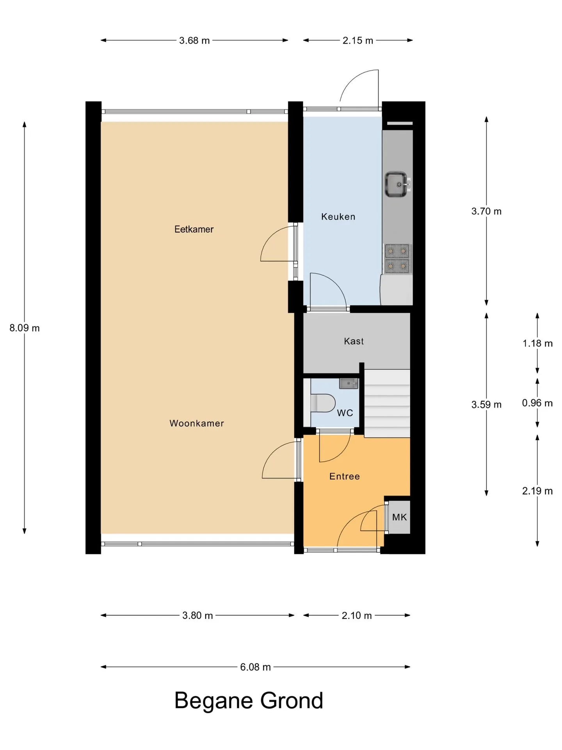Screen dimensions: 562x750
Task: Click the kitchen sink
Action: [x=397, y=184]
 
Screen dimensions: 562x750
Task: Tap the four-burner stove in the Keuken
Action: [x=397, y=258]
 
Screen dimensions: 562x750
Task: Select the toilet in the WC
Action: [x=323, y=403]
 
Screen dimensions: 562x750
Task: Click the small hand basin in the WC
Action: [x=349, y=383]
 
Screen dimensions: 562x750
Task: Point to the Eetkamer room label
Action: [x=194, y=229]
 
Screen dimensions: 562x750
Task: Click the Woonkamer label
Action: [x=197, y=423]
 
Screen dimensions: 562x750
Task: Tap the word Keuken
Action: [x=338, y=217]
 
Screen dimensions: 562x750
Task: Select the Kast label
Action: [x=354, y=341]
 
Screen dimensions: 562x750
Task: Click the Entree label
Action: [x=344, y=476]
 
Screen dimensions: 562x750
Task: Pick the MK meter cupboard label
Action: [x=399, y=517]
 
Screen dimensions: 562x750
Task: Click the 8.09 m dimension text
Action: [x=25, y=328]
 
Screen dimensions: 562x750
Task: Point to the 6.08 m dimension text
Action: [x=255, y=667]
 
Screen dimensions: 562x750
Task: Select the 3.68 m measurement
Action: [x=194, y=41]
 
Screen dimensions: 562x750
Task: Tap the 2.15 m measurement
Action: [x=358, y=41]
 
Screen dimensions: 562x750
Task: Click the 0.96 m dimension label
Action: [x=537, y=403]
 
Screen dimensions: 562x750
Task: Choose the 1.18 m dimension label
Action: [x=537, y=343]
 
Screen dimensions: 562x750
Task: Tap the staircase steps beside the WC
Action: [x=387, y=404]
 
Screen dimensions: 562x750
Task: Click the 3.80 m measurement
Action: [x=197, y=616]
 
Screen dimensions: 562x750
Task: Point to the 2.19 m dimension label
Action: [x=537, y=491]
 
